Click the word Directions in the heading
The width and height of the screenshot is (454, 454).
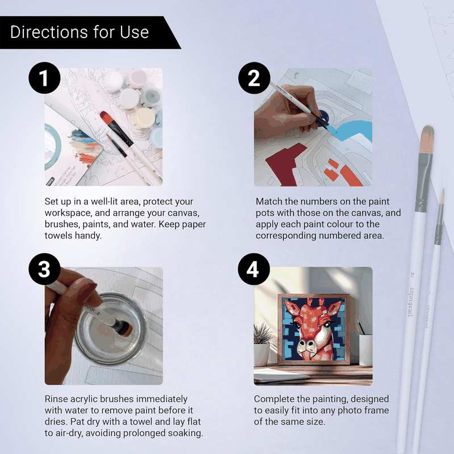tap(45, 32)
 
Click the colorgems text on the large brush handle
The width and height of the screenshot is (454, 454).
tap(413, 295)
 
